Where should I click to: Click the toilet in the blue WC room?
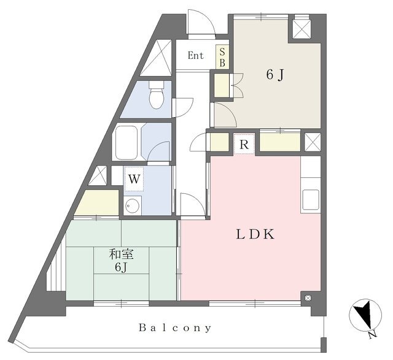[157, 94]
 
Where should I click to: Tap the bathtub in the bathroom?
[126, 143]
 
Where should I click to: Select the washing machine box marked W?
[134, 178]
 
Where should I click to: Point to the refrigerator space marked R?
[244, 144]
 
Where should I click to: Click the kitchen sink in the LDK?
[311, 199]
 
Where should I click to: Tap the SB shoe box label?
[222, 57]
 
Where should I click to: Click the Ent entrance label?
[196, 56]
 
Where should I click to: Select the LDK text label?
[255, 234]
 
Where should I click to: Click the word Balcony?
[175, 327]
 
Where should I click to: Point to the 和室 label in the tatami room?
[122, 255]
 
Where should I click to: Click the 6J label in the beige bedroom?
[275, 75]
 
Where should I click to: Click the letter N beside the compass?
[373, 335]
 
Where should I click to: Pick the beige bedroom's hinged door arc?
[225, 115]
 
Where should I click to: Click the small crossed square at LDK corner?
[308, 298]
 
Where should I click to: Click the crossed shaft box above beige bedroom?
[302, 29]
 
